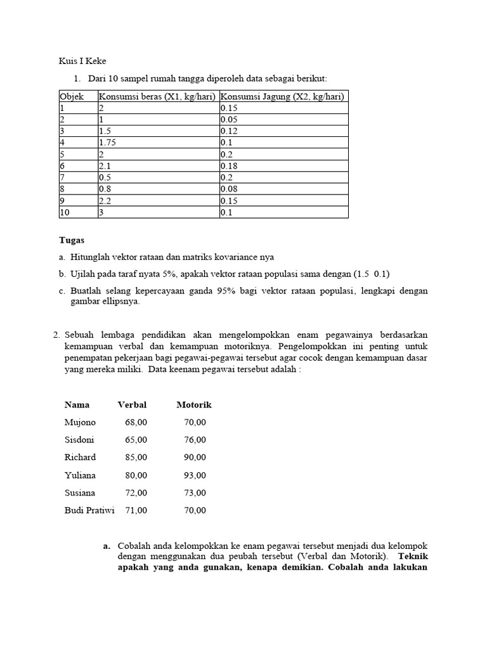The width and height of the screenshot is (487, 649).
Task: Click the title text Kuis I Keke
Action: pyautogui.click(x=82, y=61)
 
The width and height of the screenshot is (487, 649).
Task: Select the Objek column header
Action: pyautogui.click(x=72, y=96)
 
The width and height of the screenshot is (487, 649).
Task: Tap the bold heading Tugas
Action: pyautogui.click(x=72, y=240)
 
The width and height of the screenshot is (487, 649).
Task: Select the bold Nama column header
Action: pyautogui.click(x=77, y=404)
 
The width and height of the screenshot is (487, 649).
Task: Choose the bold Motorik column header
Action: pyautogui.click(x=194, y=404)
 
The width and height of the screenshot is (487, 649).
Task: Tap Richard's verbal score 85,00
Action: pyautogui.click(x=136, y=457)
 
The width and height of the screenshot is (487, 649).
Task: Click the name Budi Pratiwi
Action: pyautogui.click(x=89, y=510)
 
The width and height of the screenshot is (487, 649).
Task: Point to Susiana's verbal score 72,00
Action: pyautogui.click(x=136, y=492)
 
